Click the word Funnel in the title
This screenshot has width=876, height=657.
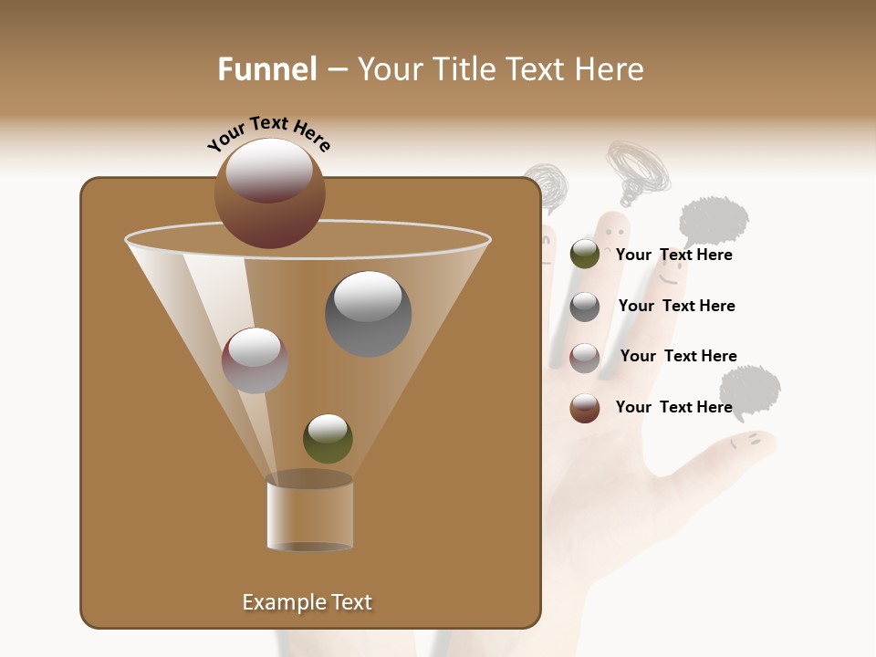(x=266, y=69)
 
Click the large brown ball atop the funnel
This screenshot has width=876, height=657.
(x=270, y=193)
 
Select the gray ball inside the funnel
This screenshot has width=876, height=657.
(x=368, y=313)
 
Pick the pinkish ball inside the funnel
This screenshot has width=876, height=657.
(x=255, y=360)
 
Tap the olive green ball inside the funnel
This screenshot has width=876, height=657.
(x=328, y=438)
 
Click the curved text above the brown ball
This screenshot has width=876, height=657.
(x=269, y=133)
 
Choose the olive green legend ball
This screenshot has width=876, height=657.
(x=585, y=255)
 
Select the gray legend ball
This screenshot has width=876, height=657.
(x=585, y=307)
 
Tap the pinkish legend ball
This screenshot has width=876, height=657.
(x=585, y=358)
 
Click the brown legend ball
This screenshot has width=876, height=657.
(x=585, y=408)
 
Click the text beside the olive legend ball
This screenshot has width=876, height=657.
(x=673, y=255)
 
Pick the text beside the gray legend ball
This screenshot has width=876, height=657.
(x=676, y=306)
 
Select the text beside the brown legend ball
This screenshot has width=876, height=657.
(x=673, y=407)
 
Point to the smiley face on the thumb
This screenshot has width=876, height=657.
(x=745, y=442)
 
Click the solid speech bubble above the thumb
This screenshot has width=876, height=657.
(x=750, y=390)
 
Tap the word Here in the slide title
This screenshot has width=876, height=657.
(x=609, y=69)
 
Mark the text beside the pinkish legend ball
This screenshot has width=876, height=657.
(x=678, y=356)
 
